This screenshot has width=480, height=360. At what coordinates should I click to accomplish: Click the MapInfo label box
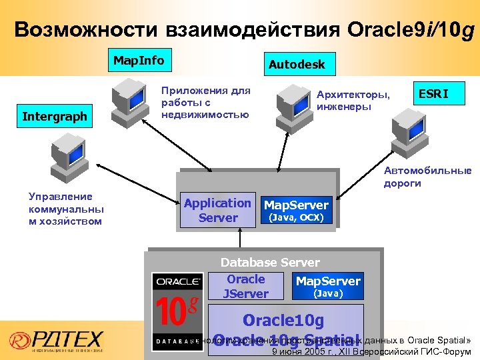coord(138,61)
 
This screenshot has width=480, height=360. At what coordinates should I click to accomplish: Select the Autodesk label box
coord(297,65)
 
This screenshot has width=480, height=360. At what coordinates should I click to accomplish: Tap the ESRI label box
coord(441,95)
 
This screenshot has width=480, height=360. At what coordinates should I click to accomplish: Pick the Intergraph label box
coord(55,117)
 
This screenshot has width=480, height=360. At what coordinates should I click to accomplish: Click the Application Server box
coord(218,211)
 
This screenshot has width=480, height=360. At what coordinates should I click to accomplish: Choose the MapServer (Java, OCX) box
coord(296,211)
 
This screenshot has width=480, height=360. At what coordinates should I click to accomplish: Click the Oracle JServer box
coord(246,287)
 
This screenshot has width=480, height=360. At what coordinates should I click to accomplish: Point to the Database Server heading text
coord(270,263)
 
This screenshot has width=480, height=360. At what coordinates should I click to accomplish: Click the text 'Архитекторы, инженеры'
coord(354,101)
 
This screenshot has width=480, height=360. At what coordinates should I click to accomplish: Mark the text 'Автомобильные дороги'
coord(427,177)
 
